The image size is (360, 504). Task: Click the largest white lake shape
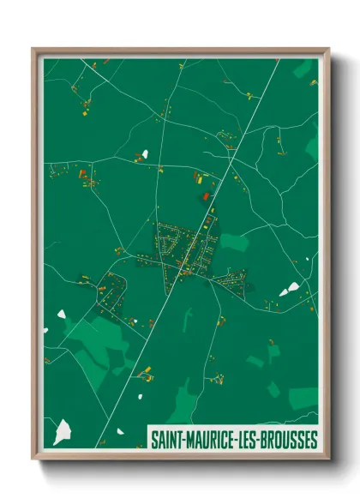pyautogui.click(x=63, y=431)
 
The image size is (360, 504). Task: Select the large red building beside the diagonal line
pyautogui.click(x=206, y=196)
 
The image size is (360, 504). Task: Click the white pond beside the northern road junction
pyautogui.click(x=144, y=154)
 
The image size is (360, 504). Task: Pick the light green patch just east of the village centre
pyautogui.click(x=234, y=243)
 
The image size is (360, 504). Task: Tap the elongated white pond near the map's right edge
pyautogui.click(x=289, y=290)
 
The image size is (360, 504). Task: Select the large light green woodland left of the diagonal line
pyautogui.click(x=94, y=343)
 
